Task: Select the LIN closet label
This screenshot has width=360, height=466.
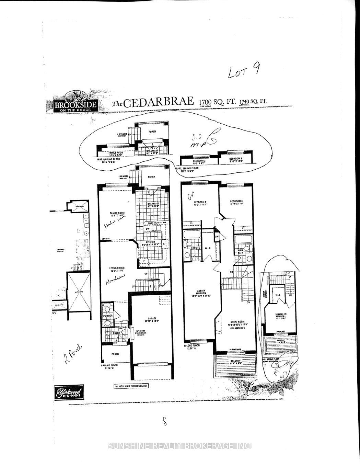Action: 217,237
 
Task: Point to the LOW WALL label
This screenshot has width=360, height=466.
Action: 106,239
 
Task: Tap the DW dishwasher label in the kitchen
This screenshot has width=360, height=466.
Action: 147,229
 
